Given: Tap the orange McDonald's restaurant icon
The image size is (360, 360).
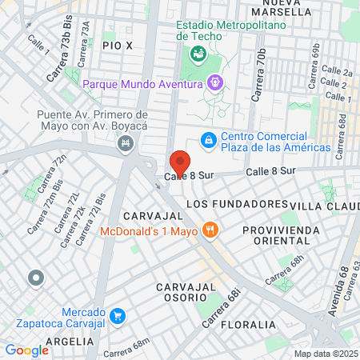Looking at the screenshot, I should pyautogui.click(x=210, y=230).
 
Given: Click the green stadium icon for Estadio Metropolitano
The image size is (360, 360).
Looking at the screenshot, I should pyautogui.click(x=197, y=54).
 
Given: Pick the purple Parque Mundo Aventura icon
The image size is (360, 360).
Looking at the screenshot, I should pyautogui.click(x=214, y=82).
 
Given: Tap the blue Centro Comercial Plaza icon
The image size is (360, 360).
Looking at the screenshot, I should pyautogui.click(x=208, y=140).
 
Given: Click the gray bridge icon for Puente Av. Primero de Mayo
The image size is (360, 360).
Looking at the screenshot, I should pyautogui.click(x=125, y=144).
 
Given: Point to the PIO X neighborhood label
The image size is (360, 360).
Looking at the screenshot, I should pyautogui.click(x=118, y=46).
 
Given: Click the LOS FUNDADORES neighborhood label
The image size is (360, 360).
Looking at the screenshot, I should pyautogui.click(x=236, y=204).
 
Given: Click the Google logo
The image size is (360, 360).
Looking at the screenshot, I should pyautogui.click(x=26, y=350).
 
